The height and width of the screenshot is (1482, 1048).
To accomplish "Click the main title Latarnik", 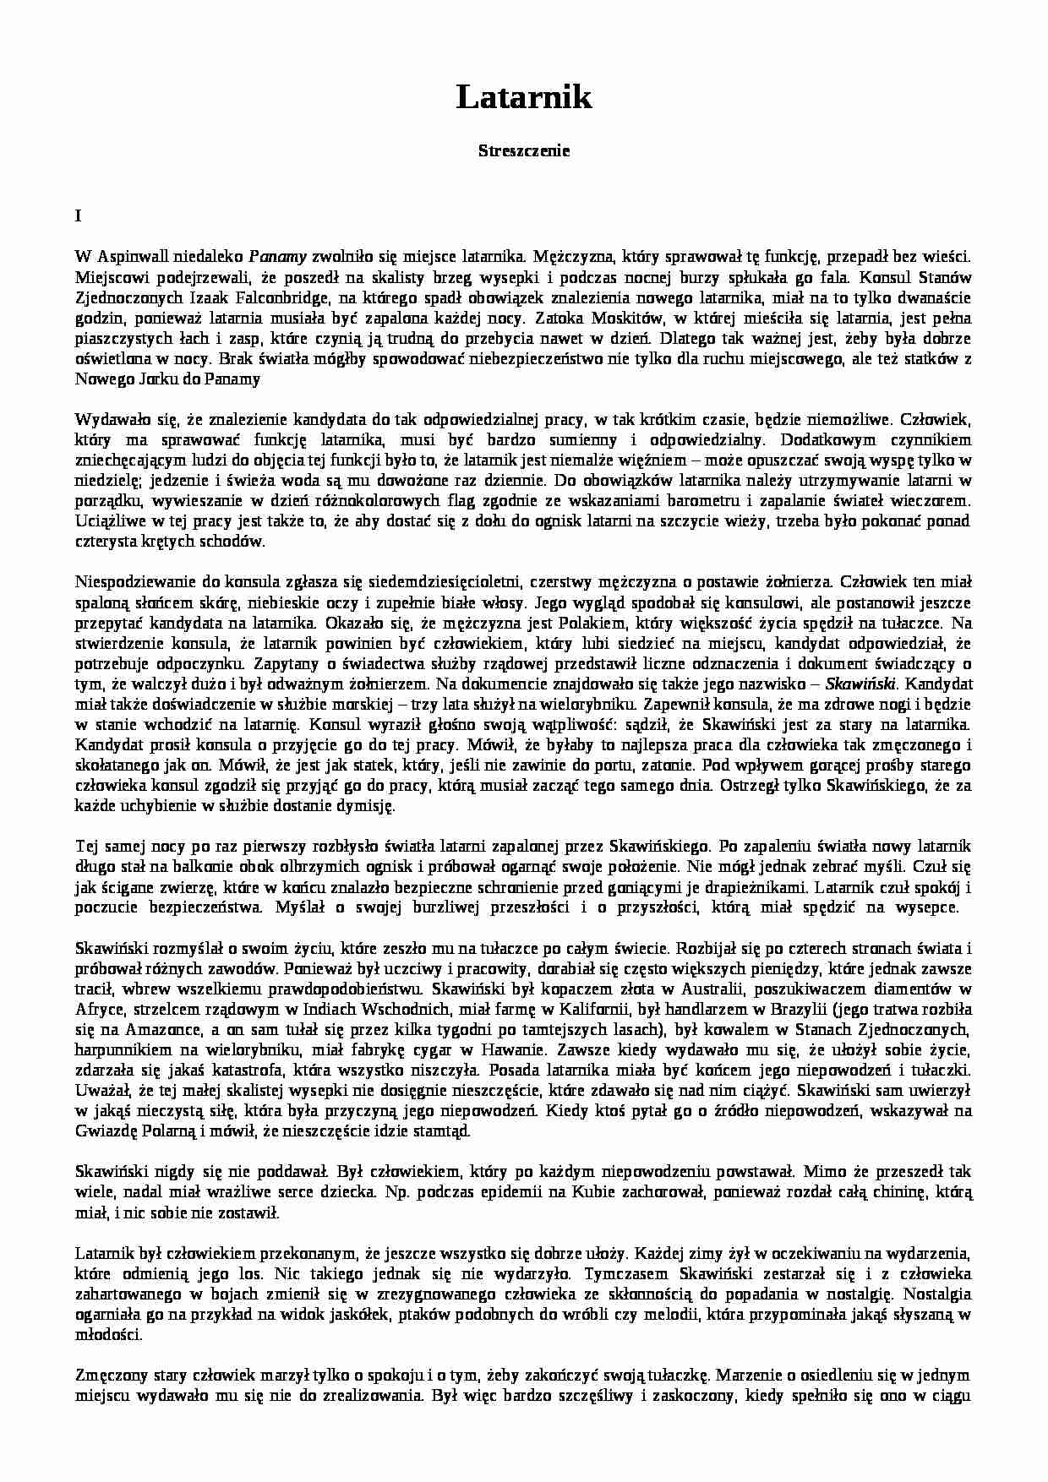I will pyautogui.click(x=524, y=98).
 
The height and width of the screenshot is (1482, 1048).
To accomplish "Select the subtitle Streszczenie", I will pyautogui.click(x=524, y=151).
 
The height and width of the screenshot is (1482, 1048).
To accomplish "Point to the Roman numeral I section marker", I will pyautogui.click(x=78, y=216).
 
